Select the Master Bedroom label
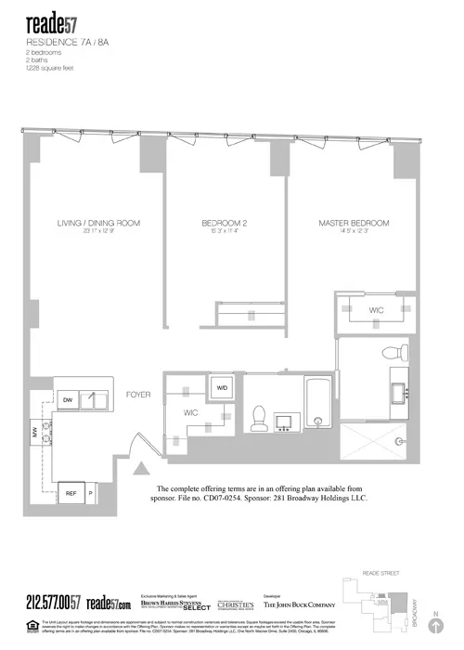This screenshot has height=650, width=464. coord(353,224)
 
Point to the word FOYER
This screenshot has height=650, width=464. coord(139,395)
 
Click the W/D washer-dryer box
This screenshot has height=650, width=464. coord(223,387)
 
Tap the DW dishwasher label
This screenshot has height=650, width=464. coord(68,399)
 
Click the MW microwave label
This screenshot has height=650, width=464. coord(35,433)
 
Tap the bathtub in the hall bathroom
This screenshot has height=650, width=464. coord(316,409)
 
